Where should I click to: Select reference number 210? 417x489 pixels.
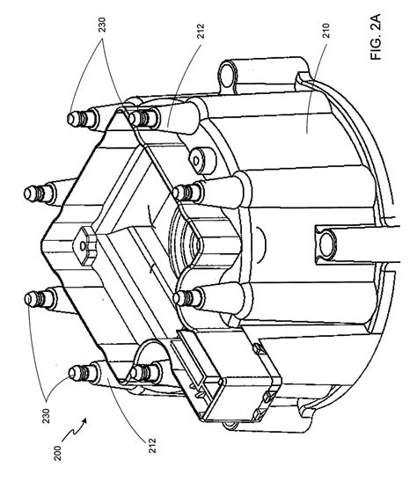coord(326,31)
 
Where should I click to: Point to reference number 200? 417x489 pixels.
coord(58,453)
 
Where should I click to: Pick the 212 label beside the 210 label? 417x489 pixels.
coord(201,31)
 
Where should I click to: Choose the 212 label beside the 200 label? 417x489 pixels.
coord(152,445)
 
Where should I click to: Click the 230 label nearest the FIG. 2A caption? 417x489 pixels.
coord(102,25)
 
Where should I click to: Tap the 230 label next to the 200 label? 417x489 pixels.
coord(46,415)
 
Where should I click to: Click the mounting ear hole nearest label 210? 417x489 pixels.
coord(227,74)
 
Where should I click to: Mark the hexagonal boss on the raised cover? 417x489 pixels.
coord(84,246)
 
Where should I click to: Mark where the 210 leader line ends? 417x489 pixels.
coord(306,134)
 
